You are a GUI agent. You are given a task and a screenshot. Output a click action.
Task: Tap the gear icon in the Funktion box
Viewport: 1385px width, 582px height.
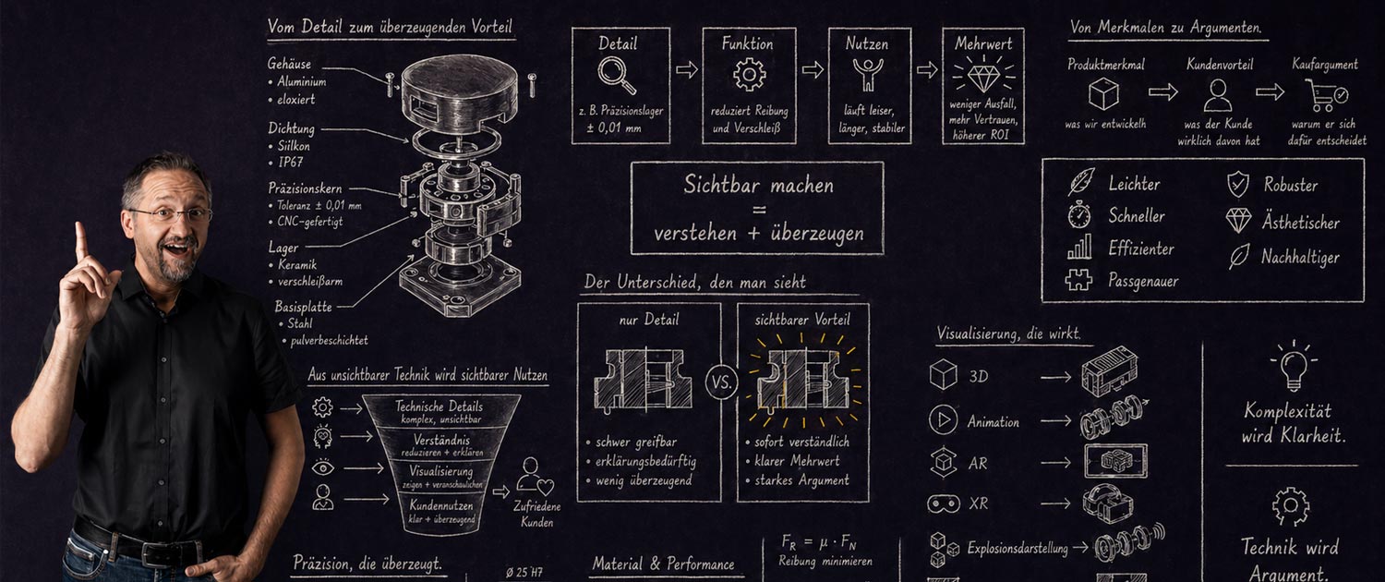(x=749, y=74)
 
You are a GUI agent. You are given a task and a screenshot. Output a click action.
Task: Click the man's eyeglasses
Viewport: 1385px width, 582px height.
(x=171, y=214)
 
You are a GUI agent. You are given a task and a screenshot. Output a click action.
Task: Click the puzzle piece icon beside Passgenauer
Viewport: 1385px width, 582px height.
(x=1078, y=280)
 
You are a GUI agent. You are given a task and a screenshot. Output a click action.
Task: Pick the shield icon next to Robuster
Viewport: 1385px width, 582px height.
(x=1237, y=185)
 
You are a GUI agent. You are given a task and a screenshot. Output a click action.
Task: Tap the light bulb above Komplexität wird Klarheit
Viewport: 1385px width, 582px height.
(x=1293, y=366)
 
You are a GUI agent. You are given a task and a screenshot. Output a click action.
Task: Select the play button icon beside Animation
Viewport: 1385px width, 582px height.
(x=943, y=421)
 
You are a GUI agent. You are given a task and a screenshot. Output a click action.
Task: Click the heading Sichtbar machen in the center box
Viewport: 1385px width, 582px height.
(x=756, y=184)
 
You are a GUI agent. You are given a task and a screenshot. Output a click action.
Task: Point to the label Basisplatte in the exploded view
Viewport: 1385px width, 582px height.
(x=303, y=306)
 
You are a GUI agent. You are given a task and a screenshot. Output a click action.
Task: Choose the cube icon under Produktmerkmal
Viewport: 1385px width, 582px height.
(x=1103, y=94)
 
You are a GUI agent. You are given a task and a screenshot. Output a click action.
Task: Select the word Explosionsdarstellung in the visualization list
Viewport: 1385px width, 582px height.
(x=1017, y=549)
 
